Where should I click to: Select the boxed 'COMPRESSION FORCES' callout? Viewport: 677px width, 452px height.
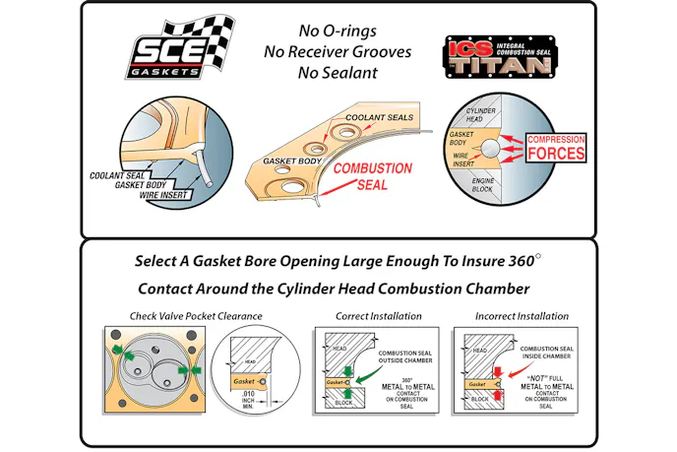coord(556,148)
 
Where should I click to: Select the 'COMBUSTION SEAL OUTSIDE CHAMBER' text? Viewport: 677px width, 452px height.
coord(402,356)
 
